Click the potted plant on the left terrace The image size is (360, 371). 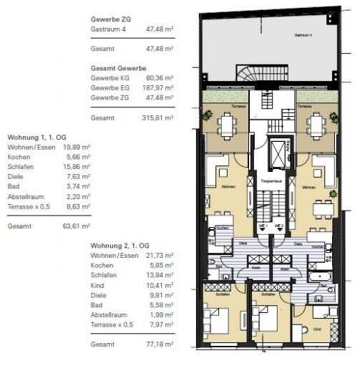pos(206,115)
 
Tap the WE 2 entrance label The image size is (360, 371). pos(280,225)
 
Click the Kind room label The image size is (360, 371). pos(317,330)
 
